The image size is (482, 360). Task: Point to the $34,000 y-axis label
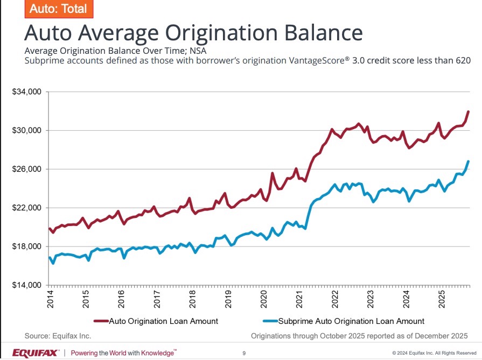point(27,92)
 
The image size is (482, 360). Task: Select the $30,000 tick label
point(27,131)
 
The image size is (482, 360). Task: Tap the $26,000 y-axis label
point(27,170)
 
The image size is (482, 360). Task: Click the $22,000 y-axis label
point(27,208)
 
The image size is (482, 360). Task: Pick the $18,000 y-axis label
point(27,247)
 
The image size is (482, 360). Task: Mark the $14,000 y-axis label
point(27,285)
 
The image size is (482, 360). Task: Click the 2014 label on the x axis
point(50,300)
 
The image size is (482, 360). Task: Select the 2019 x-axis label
point(228,300)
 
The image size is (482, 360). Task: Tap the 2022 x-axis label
point(335,300)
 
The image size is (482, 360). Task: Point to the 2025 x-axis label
point(442,300)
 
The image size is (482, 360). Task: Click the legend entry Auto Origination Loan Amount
point(163,321)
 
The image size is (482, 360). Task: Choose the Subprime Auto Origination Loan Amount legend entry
point(351,321)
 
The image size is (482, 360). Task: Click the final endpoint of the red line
point(469,111)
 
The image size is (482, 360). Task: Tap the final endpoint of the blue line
point(469,161)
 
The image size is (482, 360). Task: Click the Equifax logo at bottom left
point(36,353)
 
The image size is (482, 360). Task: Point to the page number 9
point(244,354)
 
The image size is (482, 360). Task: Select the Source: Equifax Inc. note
point(58,336)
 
